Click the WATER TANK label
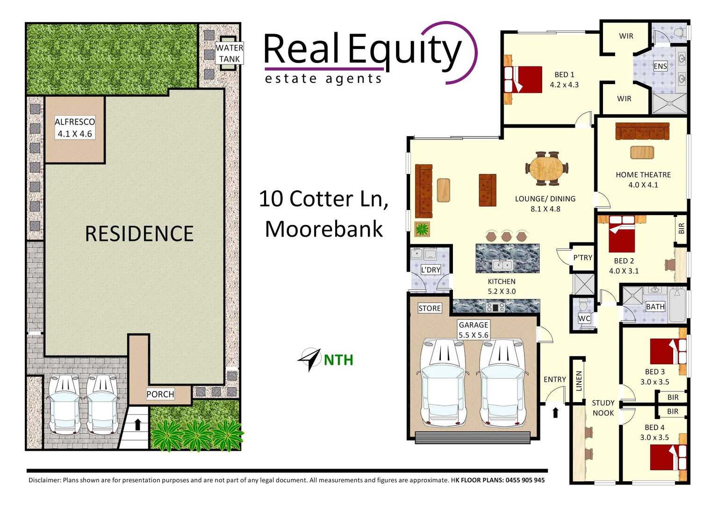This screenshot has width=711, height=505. pyautogui.click(x=229, y=53)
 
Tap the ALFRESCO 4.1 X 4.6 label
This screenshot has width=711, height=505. pyautogui.click(x=75, y=128)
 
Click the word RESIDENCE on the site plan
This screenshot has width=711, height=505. pyautogui.click(x=139, y=234)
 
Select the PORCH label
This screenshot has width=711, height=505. pyautogui.click(x=160, y=394)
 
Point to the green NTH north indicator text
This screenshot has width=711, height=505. pyautogui.click(x=338, y=360)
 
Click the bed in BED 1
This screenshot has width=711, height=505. pyautogui.click(x=524, y=79)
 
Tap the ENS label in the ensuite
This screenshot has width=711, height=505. pyautogui.click(x=660, y=66)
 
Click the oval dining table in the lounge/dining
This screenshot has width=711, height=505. pyautogui.click(x=547, y=168)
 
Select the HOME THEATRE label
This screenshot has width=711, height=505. pyautogui.click(x=643, y=174)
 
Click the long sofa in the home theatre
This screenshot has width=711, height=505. pyautogui.click(x=642, y=131)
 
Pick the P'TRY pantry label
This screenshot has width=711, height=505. pyautogui.click(x=582, y=258)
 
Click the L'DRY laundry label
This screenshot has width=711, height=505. pyautogui.click(x=431, y=270)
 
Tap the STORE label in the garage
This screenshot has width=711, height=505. pyautogui.click(x=430, y=308)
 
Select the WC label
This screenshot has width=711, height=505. pyautogui.click(x=584, y=318)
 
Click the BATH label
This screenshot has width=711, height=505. pyautogui.click(x=655, y=307)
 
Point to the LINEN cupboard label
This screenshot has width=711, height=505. pyautogui.click(x=579, y=381)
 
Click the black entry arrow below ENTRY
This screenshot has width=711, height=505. pyautogui.click(x=555, y=412)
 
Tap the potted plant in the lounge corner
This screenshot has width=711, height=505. pyautogui.click(x=423, y=229)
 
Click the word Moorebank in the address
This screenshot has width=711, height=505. pyautogui.click(x=324, y=229)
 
